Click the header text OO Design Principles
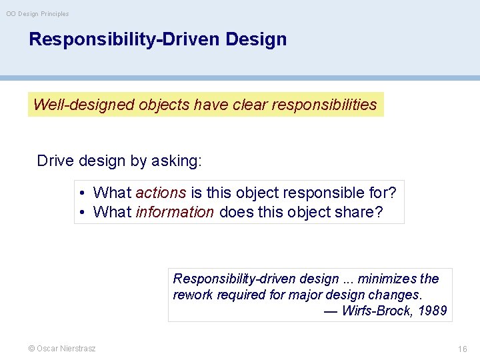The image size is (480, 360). tap(37, 13)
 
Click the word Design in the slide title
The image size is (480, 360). tap(256, 39)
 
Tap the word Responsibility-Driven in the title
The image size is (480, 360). tap(125, 39)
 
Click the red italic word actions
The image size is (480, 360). tap(161, 193)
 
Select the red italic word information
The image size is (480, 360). tap(175, 212)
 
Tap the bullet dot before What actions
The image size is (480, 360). tap(81, 193)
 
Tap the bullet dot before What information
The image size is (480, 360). tap(81, 213)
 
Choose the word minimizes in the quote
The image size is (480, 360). tap(383, 279)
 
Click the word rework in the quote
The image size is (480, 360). tap(191, 295)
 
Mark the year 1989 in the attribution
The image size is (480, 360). tap(432, 311)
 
